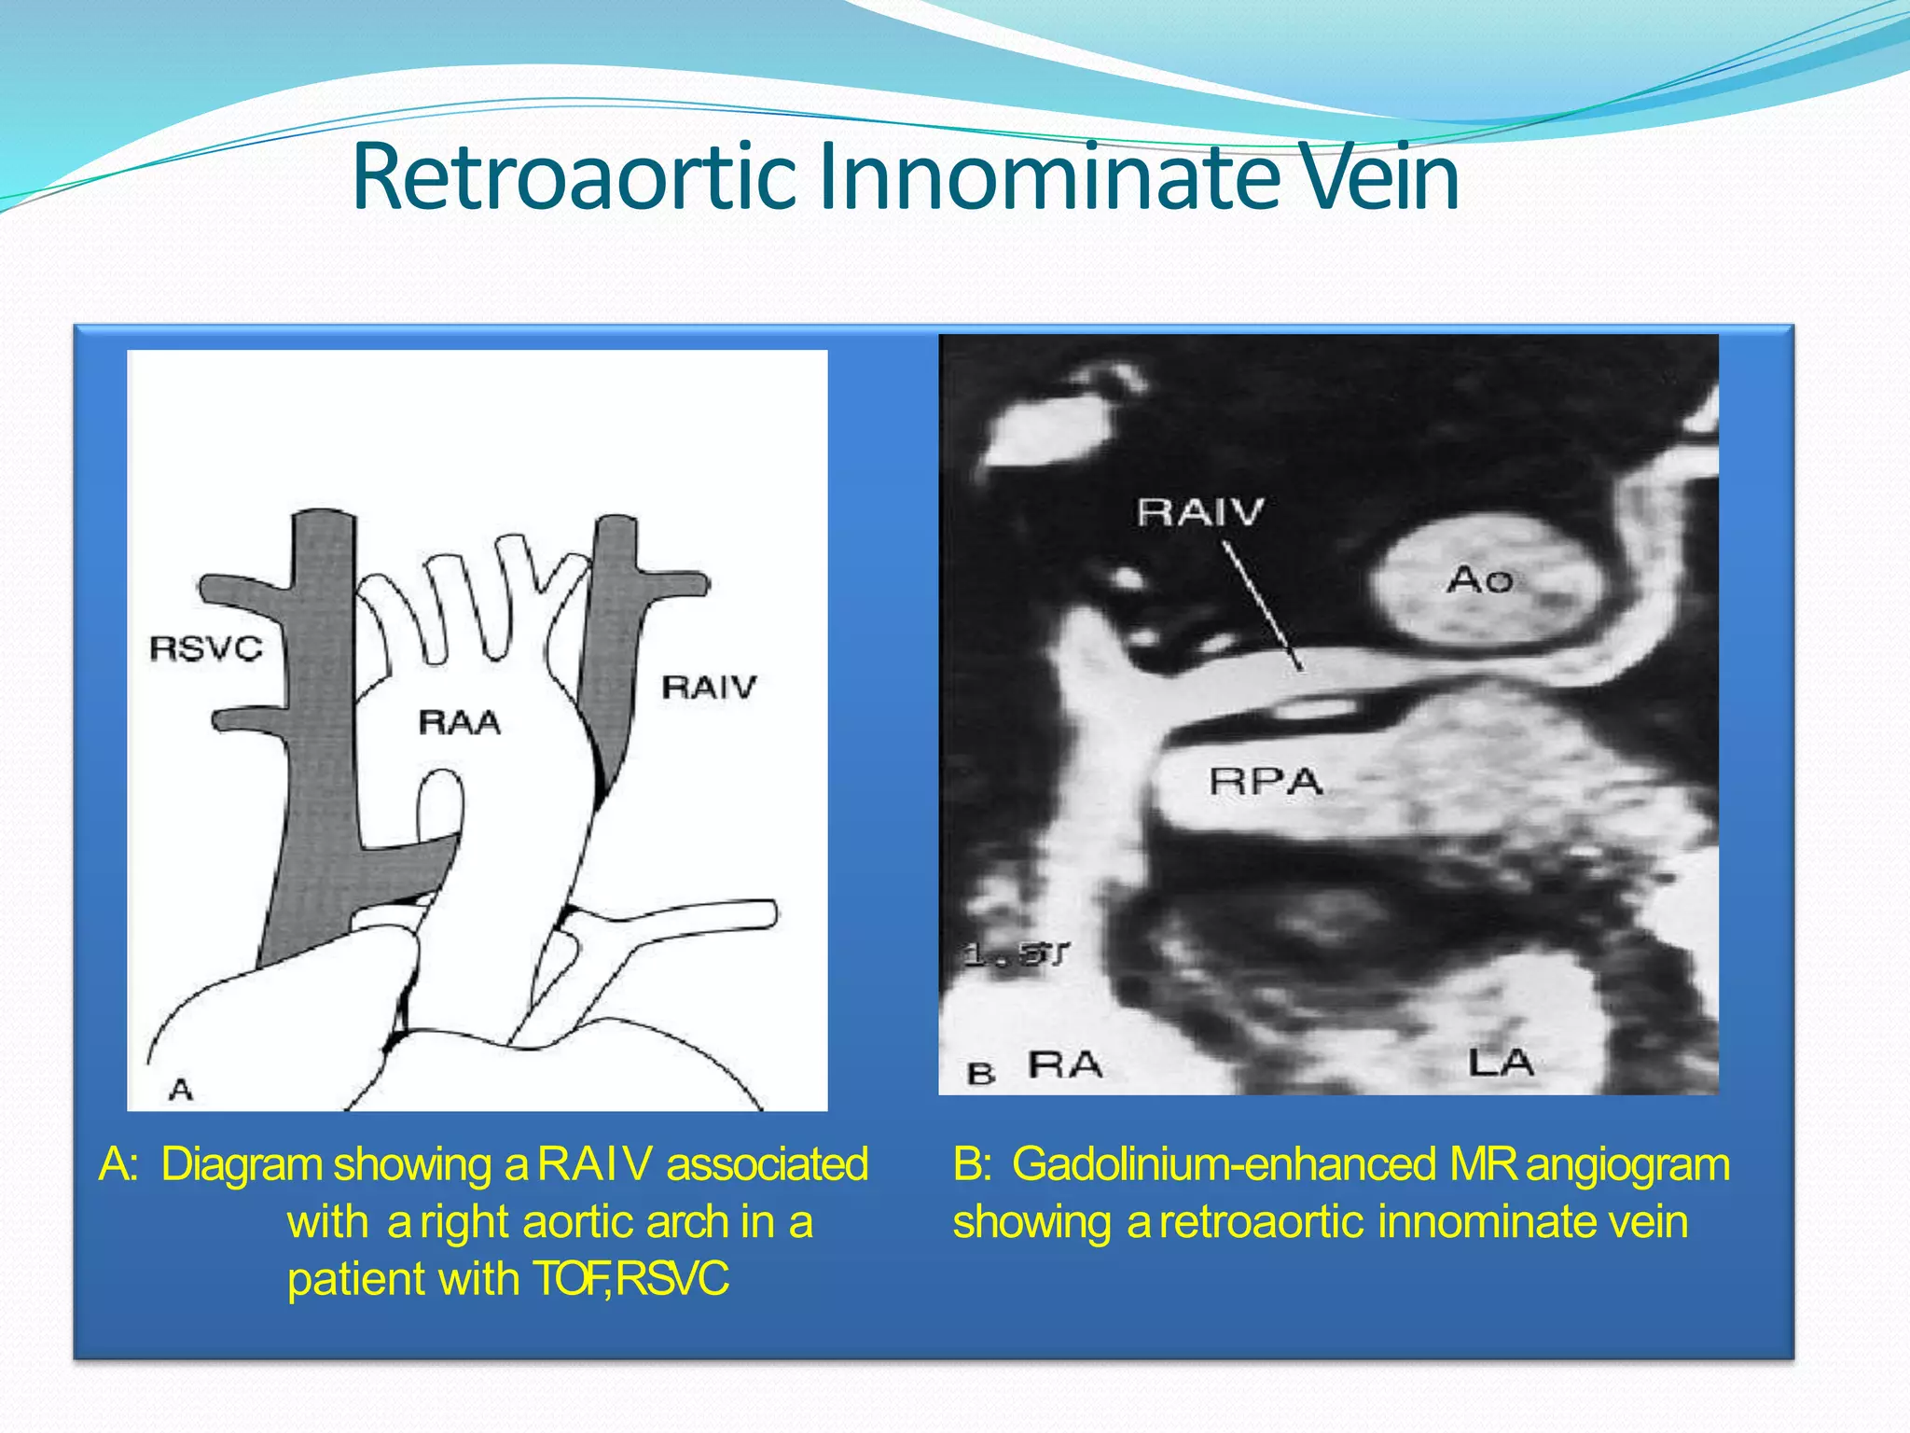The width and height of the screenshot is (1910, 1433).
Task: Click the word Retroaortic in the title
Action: pyautogui.click(x=574, y=177)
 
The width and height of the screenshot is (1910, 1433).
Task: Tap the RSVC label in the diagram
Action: pyautogui.click(x=206, y=647)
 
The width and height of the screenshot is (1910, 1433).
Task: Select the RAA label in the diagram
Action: pyautogui.click(x=459, y=722)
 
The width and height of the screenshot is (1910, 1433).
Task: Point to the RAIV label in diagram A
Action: pyautogui.click(x=709, y=688)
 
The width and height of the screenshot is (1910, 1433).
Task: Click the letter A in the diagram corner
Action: pyautogui.click(x=181, y=1089)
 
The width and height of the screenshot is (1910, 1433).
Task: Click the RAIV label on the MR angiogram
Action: pyautogui.click(x=1200, y=511)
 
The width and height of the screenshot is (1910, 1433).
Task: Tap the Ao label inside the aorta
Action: pyautogui.click(x=1479, y=580)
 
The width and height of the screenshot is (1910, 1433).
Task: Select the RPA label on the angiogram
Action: pyautogui.click(x=1266, y=781)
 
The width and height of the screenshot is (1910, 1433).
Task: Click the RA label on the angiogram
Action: pyautogui.click(x=1065, y=1064)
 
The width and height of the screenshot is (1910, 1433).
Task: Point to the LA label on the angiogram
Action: pyautogui.click(x=1501, y=1062)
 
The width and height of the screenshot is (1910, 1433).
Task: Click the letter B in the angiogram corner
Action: pyautogui.click(x=980, y=1074)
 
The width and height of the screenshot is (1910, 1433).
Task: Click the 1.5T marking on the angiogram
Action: pyautogui.click(x=1016, y=954)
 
